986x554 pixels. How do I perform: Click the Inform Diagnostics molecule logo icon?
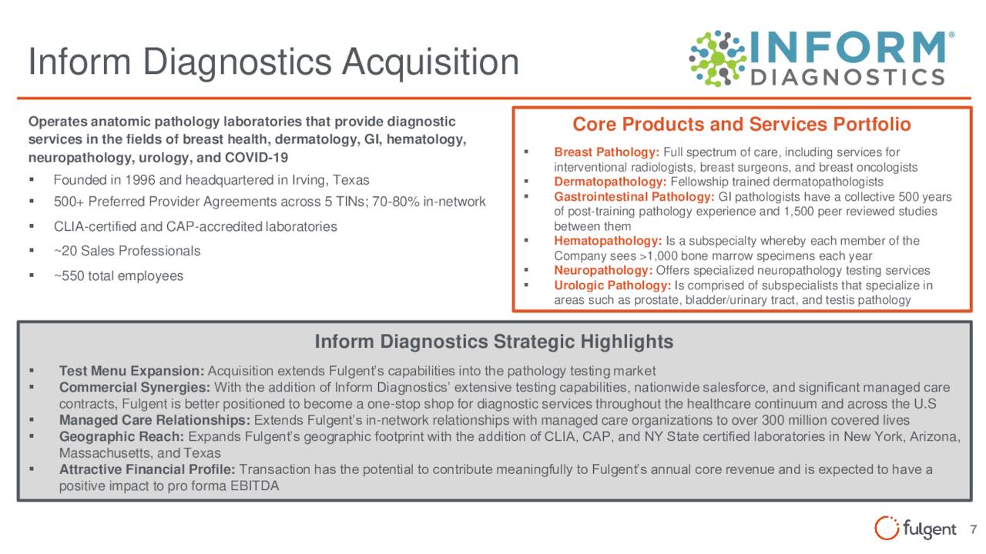point(717,58)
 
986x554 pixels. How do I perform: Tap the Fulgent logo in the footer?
point(915,528)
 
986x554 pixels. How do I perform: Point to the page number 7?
point(973,529)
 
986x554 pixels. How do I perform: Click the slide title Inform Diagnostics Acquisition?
point(273,62)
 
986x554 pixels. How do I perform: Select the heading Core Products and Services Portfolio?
point(742,125)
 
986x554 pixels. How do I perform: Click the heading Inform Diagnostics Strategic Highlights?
point(494,342)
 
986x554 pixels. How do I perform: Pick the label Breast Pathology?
point(606,152)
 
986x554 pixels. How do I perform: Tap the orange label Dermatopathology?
point(610,182)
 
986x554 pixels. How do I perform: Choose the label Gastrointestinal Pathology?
point(634,196)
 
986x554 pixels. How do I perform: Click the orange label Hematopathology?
point(608,241)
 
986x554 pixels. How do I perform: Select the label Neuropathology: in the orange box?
point(603,270)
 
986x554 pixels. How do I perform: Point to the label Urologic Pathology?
point(612,285)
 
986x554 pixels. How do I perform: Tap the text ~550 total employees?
point(119,275)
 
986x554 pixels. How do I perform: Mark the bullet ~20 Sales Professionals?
point(127,251)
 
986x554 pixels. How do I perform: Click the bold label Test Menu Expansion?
point(132,371)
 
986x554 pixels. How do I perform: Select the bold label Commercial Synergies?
point(135,387)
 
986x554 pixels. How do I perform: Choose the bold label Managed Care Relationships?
point(155,420)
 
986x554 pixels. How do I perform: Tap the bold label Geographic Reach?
point(122,436)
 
